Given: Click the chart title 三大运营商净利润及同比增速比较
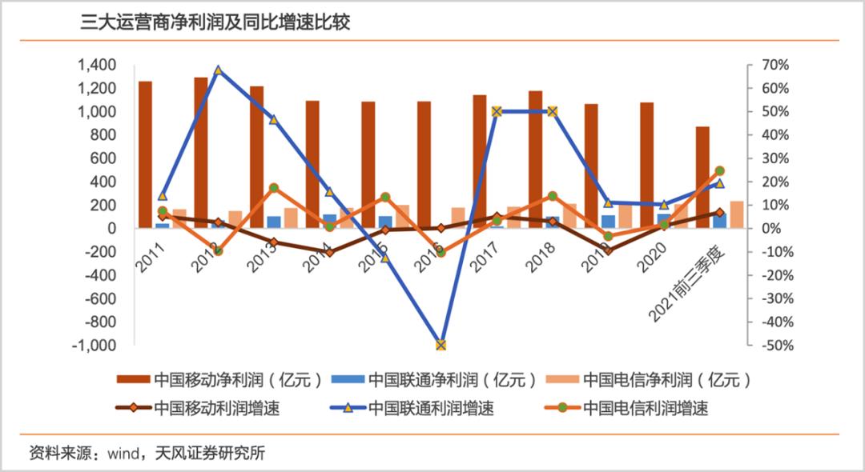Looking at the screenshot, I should click(x=215, y=22).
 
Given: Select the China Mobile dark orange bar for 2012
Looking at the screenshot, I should click(x=200, y=152).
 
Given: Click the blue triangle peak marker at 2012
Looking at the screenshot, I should click(x=218, y=70).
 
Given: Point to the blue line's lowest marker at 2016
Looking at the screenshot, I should click(x=441, y=345).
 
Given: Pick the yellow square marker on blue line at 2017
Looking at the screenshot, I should click(x=497, y=111).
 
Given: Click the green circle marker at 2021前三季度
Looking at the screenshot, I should click(x=719, y=170).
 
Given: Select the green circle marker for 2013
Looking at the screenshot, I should click(x=274, y=188).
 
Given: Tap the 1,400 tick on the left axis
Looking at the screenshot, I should click(x=95, y=65).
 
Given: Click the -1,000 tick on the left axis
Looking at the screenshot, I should click(x=93, y=346).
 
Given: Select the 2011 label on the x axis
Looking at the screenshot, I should click(x=150, y=260).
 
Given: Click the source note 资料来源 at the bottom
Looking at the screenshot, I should click(x=146, y=453).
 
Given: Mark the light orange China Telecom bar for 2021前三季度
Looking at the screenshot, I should click(x=736, y=214).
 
